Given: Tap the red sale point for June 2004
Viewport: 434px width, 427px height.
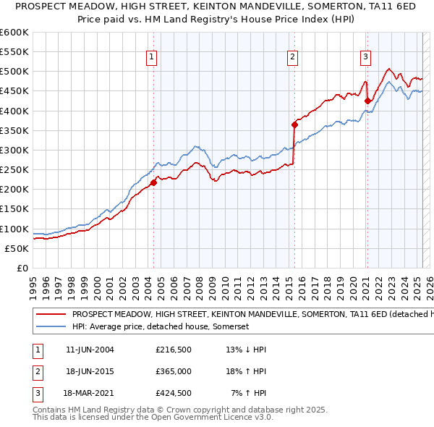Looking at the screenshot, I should [x=154, y=182].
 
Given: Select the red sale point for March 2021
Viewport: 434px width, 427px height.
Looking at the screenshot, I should [x=368, y=101].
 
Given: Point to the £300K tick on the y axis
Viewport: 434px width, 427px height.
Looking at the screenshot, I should [x=14, y=150].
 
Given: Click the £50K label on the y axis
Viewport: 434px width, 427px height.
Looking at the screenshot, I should [x=17, y=248].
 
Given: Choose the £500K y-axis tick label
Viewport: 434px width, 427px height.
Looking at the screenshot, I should [x=14, y=71].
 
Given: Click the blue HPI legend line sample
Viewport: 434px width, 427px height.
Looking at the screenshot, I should [x=51, y=326].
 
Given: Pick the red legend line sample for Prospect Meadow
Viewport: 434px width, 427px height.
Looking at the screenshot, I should [x=51, y=315].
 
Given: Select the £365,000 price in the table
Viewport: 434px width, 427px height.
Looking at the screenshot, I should [x=174, y=372].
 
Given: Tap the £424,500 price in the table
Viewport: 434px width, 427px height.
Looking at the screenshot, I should [x=174, y=394].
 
